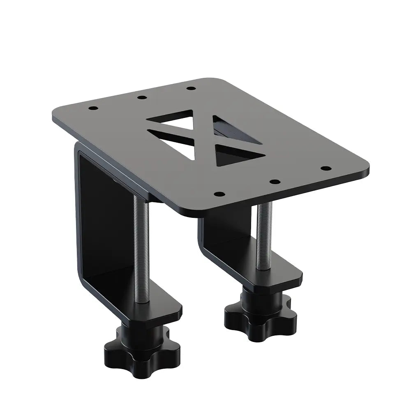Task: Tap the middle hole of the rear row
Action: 142,98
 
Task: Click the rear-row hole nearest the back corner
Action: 190,88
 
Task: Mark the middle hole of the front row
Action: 275,181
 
